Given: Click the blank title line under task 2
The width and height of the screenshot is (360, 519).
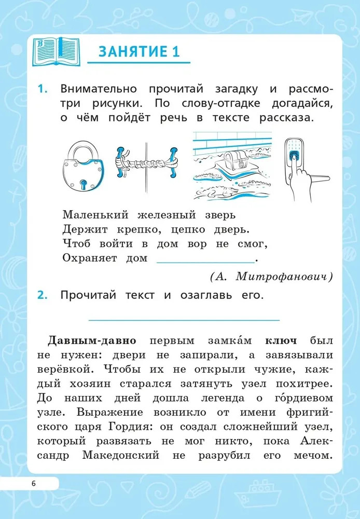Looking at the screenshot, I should (184, 320).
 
